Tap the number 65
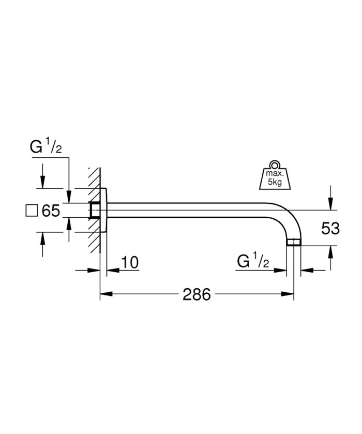click(x=50, y=212)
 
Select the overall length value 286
click(x=197, y=295)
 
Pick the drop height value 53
click(x=330, y=229)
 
